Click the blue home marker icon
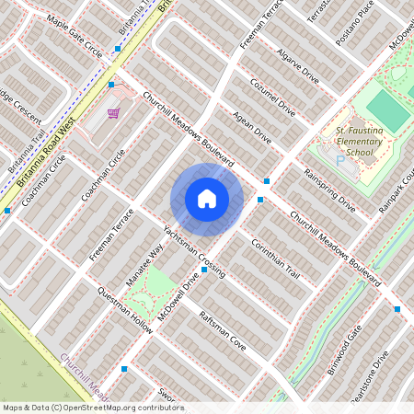coord(207,198)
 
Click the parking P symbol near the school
coord(339,160)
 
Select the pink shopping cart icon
coord(113,113)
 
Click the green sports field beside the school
coord(390,110)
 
